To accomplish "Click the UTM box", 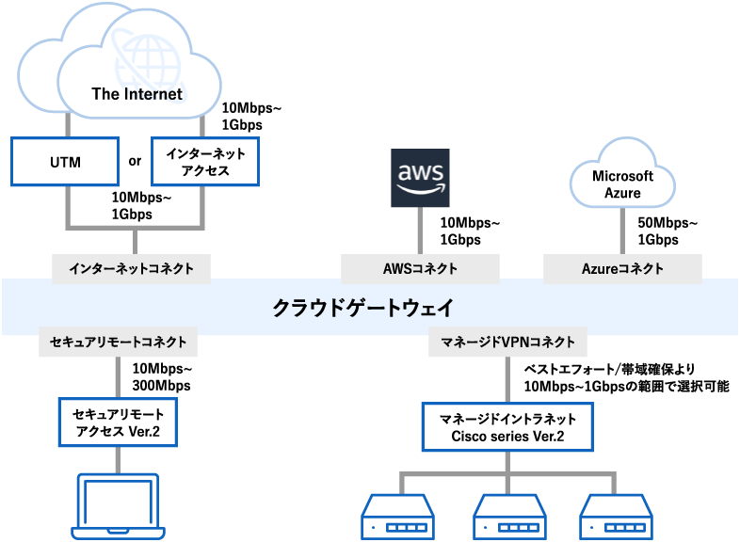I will (65, 162).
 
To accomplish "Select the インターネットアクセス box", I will (204, 162).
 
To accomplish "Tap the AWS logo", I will (420, 177).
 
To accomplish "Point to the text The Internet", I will (137, 93).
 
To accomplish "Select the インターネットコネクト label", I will (131, 268).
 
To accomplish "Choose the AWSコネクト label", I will (420, 268).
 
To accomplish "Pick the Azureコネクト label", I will (622, 268).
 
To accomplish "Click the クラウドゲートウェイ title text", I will (369, 307).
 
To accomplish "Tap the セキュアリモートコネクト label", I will (118, 343).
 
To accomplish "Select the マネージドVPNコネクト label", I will (507, 343).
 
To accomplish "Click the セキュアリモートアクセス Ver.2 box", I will (118, 422).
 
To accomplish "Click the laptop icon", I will (118, 508).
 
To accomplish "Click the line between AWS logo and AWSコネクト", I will (420, 231).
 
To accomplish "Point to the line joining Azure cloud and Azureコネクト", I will (622, 232).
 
